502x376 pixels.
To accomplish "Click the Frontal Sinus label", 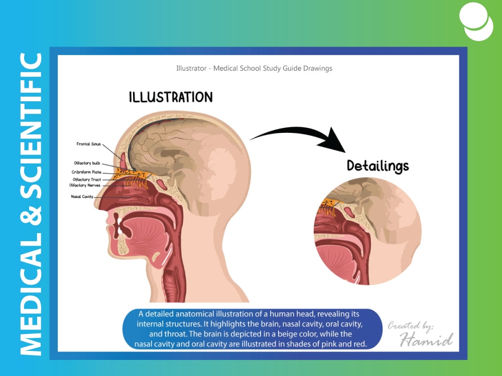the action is [88, 144].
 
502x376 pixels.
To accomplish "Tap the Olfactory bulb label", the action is [87, 163].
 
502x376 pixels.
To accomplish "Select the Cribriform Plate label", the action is [86, 172].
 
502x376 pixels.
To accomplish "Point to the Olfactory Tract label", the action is [86, 179].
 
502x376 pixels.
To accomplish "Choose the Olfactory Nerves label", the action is [84, 185].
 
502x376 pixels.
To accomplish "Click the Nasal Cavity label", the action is [82, 197].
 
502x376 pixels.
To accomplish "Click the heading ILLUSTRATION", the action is [171, 97].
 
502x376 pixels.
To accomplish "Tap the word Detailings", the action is [378, 166].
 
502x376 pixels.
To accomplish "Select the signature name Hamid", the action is [426, 339].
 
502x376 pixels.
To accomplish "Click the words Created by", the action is [410, 326].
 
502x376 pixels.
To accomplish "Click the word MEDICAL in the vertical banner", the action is [31, 294].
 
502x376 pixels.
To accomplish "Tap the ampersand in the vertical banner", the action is [31, 216].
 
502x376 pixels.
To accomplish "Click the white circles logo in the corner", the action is [476, 22].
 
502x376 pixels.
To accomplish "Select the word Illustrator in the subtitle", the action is [191, 68].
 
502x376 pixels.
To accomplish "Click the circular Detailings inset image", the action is [367, 231].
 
